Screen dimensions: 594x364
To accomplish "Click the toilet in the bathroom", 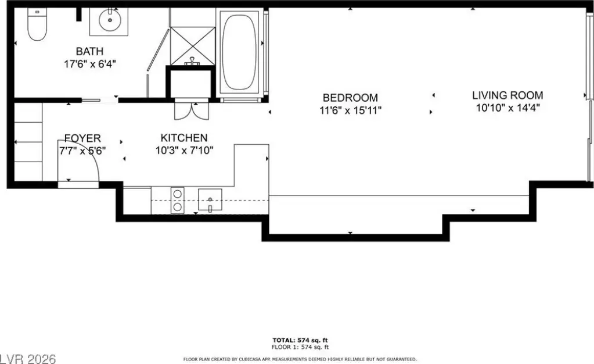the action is pyautogui.click(x=37, y=24).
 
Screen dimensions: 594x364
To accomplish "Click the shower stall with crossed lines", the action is pyautogui.click(x=193, y=46).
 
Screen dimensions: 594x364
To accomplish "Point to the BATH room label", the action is pyautogui.click(x=90, y=51).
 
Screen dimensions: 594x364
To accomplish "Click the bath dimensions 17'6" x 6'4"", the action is pyautogui.click(x=90, y=64).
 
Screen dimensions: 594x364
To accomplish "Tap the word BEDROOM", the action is pyautogui.click(x=350, y=98).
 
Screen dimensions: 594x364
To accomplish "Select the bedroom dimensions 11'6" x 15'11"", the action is pyautogui.click(x=350, y=110).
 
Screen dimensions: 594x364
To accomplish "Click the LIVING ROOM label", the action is pyautogui.click(x=507, y=95).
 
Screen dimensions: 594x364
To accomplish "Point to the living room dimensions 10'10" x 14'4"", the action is pyautogui.click(x=507, y=108).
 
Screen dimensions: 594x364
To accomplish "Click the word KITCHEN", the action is pyautogui.click(x=184, y=138).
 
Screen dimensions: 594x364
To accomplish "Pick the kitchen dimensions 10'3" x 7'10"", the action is pyautogui.click(x=184, y=151).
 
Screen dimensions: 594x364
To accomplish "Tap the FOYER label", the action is pyautogui.click(x=82, y=138).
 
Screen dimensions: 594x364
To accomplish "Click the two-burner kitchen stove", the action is pyautogui.click(x=177, y=201).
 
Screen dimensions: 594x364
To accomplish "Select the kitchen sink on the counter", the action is pyautogui.click(x=210, y=199).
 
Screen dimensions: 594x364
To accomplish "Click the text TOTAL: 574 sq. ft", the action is pyautogui.click(x=300, y=341).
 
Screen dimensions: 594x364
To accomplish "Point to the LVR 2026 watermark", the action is pyautogui.click(x=28, y=359).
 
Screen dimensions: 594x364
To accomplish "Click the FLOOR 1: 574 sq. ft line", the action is pyautogui.click(x=300, y=347).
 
